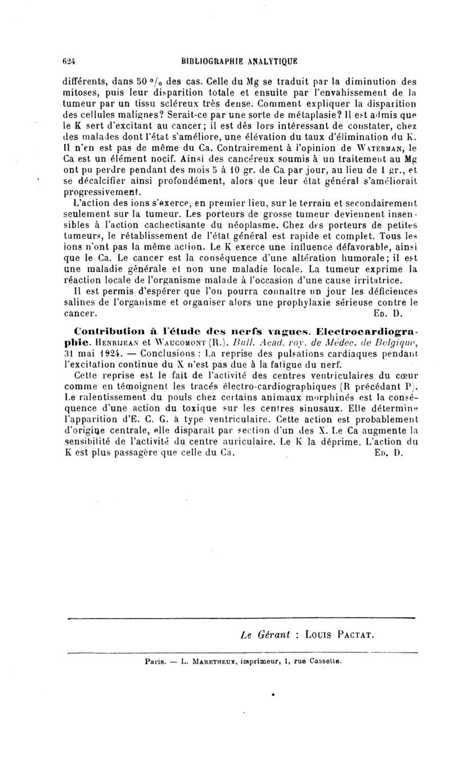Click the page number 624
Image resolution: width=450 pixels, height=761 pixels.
tap(69, 63)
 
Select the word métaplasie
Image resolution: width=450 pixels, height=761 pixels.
tap(223, 117)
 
